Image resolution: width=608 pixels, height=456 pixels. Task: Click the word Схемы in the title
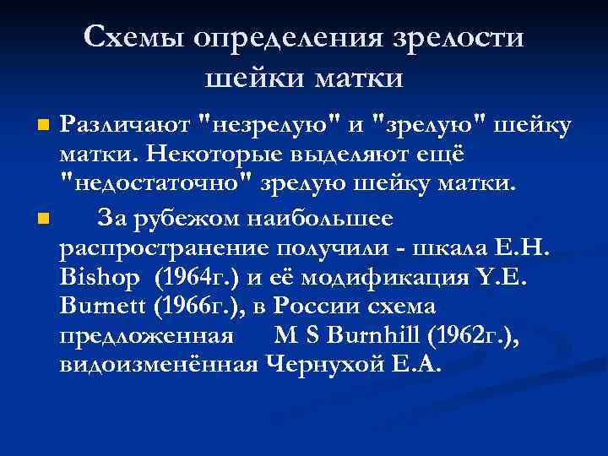click(x=137, y=38)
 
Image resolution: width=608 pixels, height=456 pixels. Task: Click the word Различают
click(x=124, y=126)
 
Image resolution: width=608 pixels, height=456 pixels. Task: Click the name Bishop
click(x=95, y=280)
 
